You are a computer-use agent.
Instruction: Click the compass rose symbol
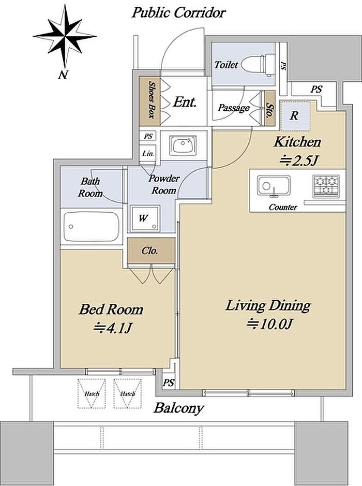(65, 37)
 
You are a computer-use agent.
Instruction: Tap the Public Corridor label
(179, 13)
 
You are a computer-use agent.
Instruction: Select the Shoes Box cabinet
(149, 101)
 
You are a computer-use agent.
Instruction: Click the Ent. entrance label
(185, 102)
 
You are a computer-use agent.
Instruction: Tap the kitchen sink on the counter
(274, 186)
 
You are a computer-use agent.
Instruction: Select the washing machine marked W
(144, 218)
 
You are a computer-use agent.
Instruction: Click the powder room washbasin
(184, 145)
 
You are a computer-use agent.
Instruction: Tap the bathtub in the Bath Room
(92, 227)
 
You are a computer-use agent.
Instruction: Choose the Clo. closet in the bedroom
(151, 251)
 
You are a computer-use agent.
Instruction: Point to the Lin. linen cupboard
(148, 153)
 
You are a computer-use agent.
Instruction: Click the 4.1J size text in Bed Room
(113, 328)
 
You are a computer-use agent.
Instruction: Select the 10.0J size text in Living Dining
(269, 324)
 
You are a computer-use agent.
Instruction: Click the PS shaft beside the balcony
(169, 383)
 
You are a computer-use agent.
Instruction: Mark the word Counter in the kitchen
(283, 207)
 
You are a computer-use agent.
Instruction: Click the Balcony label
(179, 408)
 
